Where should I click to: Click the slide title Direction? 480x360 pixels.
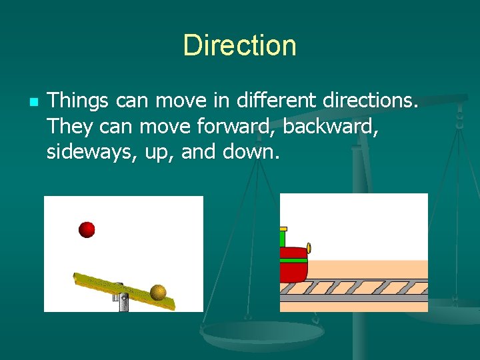tap(239, 45)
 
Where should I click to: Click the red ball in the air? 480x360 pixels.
tap(87, 230)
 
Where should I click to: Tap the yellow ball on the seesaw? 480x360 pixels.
tap(158, 292)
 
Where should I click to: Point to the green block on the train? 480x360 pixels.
tap(282, 239)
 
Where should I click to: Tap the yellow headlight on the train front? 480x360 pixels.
tap(309, 249)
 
